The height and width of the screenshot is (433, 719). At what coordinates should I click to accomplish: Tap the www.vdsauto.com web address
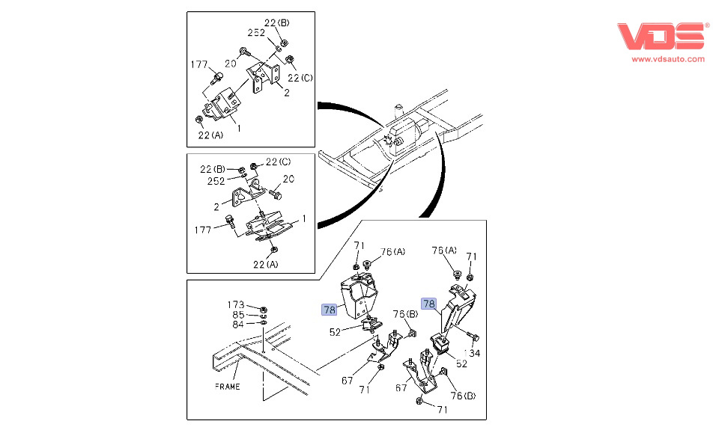point(667,59)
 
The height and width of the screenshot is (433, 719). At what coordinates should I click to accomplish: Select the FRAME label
point(227,387)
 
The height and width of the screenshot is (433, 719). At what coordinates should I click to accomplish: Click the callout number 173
point(236,305)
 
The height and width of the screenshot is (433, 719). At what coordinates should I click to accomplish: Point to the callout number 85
point(238,315)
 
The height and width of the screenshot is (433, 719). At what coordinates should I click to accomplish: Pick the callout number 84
point(238,324)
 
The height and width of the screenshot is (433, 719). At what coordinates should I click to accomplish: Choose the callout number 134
point(472,352)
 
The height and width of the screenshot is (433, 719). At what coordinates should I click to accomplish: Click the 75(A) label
point(443,251)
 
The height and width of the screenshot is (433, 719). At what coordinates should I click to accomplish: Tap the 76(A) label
point(392,252)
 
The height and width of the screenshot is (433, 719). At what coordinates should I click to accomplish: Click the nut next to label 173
point(264,308)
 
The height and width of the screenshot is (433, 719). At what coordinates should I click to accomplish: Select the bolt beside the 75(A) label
point(455,277)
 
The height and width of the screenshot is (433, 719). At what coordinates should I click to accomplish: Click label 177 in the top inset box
point(198,65)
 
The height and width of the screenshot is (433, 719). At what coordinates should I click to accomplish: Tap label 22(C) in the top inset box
point(300,79)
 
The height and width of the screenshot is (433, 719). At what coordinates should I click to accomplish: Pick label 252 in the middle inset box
point(216,181)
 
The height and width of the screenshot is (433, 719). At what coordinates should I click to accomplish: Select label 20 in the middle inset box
point(288,179)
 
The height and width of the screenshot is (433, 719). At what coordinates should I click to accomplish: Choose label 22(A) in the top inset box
point(210,135)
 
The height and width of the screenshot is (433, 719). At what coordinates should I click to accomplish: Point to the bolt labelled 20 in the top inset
point(245,52)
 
